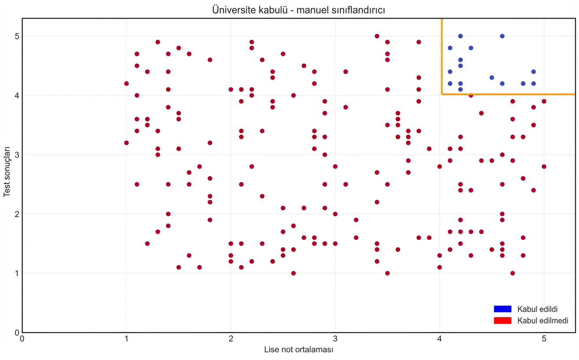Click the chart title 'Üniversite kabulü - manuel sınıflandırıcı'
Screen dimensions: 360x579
[x=298, y=10]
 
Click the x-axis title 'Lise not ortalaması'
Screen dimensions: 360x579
[x=298, y=350]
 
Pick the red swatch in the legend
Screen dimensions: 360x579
[x=502, y=320]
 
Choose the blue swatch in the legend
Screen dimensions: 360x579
[x=502, y=309]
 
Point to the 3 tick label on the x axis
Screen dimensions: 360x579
[x=335, y=339]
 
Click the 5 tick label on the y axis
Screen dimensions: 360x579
[x=16, y=36]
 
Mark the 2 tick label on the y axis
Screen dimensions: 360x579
[x=16, y=214]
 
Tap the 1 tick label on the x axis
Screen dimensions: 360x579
[x=126, y=339]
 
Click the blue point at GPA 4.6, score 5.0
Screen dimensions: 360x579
[x=502, y=36]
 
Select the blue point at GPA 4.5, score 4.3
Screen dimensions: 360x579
[x=492, y=78]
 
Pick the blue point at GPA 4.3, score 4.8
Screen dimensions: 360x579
[x=471, y=48]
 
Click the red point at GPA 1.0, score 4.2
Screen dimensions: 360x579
[x=126, y=83]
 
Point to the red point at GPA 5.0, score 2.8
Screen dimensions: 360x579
[x=544, y=166]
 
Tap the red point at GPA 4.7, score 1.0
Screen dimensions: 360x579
[x=512, y=273]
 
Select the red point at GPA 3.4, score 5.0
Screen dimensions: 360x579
[x=377, y=36]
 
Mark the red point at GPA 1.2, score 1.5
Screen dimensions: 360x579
[x=147, y=244]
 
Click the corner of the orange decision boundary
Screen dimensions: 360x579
[x=442, y=94]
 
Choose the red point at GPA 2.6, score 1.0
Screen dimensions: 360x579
[x=293, y=273]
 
